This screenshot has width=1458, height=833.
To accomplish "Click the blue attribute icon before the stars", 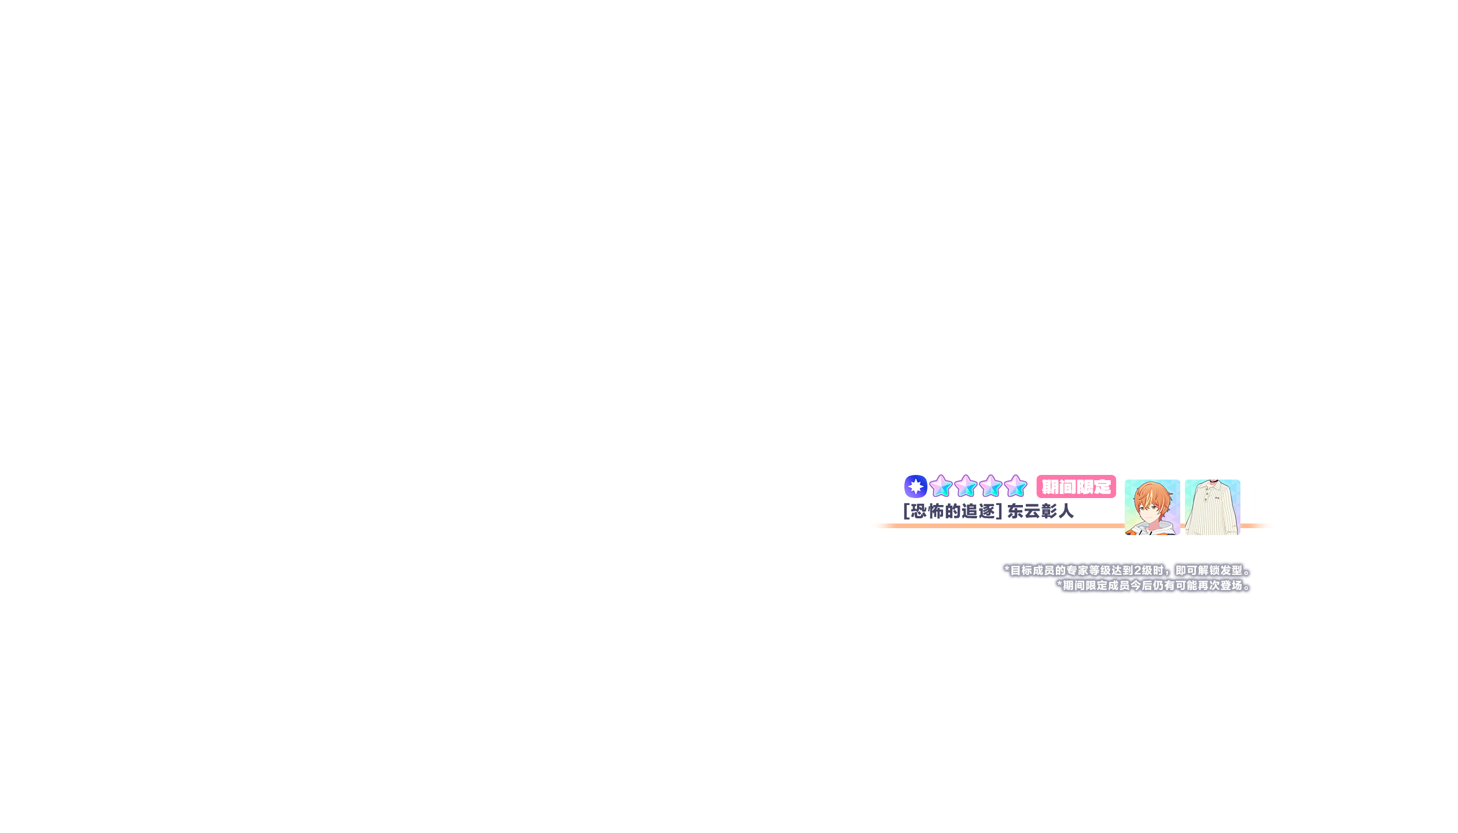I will click(x=915, y=486).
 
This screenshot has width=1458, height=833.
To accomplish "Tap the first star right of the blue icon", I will click(x=941, y=486).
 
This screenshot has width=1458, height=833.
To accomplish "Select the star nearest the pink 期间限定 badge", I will click(x=1015, y=486).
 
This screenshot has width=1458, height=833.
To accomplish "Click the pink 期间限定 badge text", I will click(x=1076, y=487).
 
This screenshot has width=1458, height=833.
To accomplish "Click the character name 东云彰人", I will click(x=1040, y=511).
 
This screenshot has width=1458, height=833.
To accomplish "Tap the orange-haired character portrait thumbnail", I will click(x=1152, y=507).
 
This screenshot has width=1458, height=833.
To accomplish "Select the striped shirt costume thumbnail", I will click(x=1212, y=507).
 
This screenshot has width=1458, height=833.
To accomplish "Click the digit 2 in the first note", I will click(x=1138, y=570).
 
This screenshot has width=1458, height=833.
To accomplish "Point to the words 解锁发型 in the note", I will click(x=1220, y=570).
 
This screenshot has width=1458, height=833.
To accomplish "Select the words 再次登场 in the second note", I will click(x=1220, y=585).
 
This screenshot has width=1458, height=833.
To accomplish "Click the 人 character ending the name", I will click(x=1066, y=511).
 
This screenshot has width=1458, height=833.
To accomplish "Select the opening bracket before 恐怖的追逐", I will click(x=906, y=511).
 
